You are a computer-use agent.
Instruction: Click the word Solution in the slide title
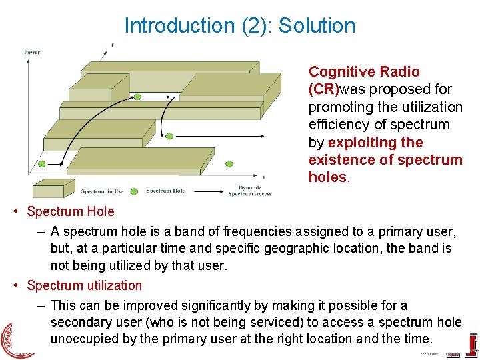317,26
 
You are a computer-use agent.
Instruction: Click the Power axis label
32,52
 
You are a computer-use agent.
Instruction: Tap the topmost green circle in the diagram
137,97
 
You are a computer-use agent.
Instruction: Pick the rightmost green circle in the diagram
230,163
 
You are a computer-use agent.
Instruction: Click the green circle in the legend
137,191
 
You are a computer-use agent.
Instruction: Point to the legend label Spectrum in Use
102,191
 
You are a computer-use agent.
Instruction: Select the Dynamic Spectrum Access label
249,191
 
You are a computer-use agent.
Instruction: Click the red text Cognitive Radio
364,72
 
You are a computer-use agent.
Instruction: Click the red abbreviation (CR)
323,89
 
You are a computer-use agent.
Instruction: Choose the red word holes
327,177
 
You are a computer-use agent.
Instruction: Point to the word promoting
339,107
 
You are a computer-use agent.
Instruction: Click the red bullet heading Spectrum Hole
70,212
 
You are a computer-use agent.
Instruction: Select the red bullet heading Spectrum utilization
84,285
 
